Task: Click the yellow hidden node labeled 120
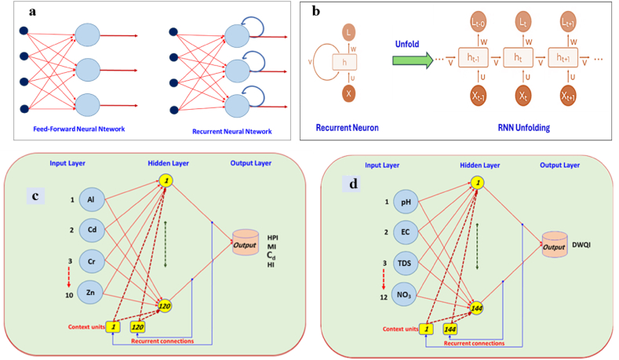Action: pyautogui.click(x=166, y=305)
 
